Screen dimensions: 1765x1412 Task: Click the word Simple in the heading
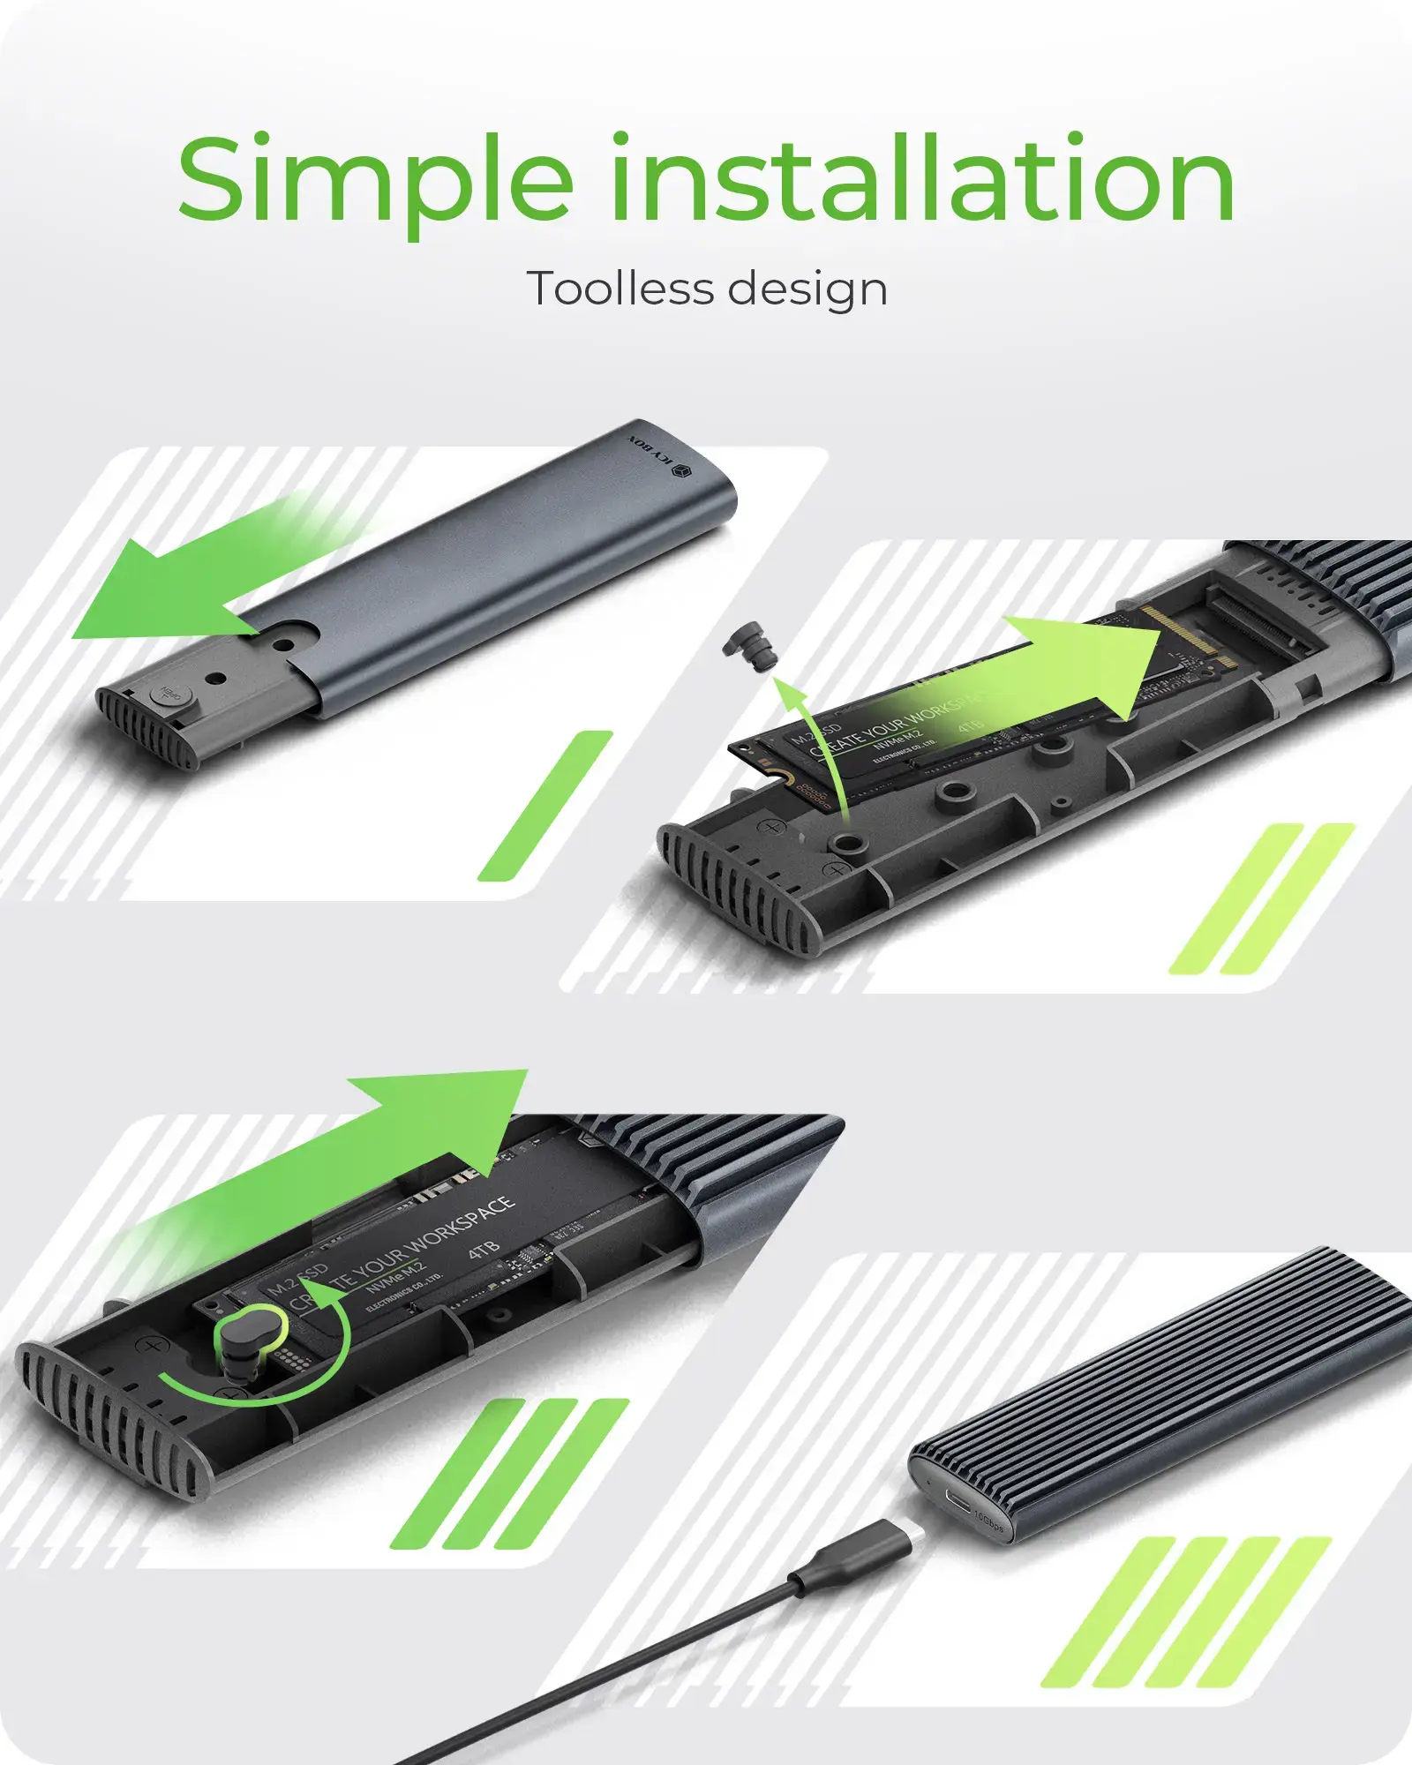pyautogui.click(x=375, y=181)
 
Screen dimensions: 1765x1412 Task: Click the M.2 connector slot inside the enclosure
pyautogui.click(x=1253, y=618)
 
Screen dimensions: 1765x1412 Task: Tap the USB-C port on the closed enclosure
pyautogui.click(x=957, y=1498)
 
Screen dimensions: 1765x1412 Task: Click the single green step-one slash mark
pyautogui.click(x=545, y=806)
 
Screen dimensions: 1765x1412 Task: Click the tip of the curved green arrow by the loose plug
pyautogui.click(x=781, y=684)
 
